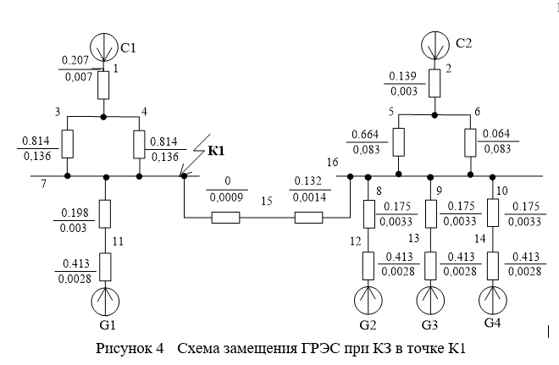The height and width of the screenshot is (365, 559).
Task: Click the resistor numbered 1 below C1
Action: pos(103,85)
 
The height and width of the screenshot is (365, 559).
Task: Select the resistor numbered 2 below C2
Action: pos(434,83)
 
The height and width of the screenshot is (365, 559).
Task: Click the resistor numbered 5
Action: pos(400,141)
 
